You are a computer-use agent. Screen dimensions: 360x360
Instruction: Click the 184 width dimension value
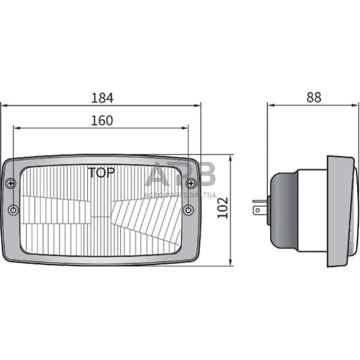[102, 97]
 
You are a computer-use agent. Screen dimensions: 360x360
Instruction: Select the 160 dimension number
[102, 121]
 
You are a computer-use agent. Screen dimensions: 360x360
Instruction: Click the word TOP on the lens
[101, 173]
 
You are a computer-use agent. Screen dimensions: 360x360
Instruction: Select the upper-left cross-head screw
[11, 182]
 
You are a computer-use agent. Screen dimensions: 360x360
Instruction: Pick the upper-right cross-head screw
[190, 182]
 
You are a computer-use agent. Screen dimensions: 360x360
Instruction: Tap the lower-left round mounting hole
[13, 210]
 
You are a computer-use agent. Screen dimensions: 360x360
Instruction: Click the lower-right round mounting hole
[189, 210]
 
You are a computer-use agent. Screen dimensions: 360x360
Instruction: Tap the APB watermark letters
[181, 175]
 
